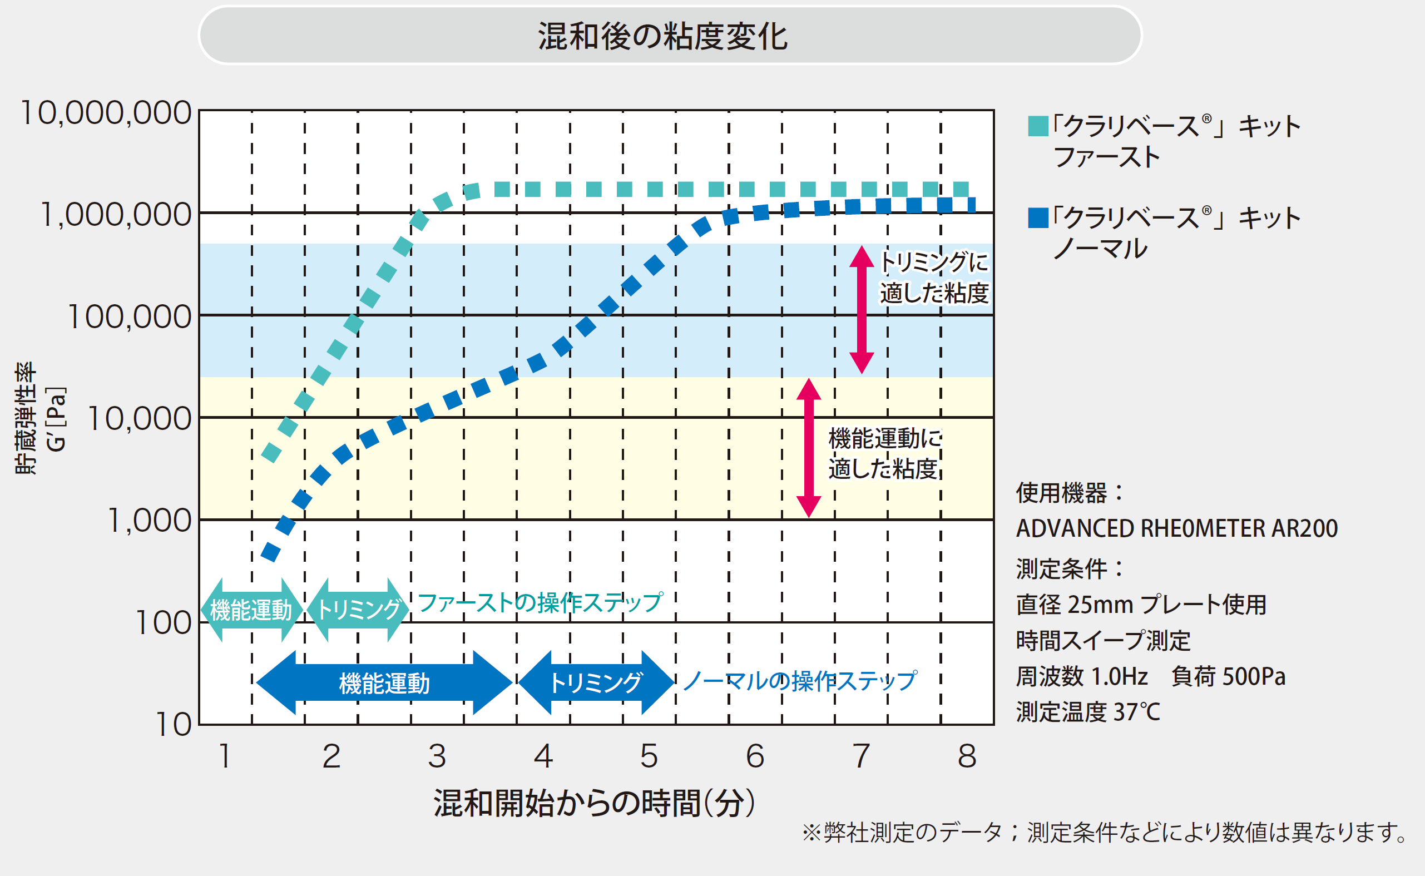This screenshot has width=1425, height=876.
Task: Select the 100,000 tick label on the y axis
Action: pyautogui.click(x=129, y=316)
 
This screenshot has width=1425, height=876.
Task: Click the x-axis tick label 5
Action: pyautogui.click(x=649, y=755)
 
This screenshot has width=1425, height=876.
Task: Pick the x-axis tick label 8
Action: pyautogui.click(x=967, y=755)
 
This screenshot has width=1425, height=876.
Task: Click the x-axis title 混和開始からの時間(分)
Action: pyautogui.click(x=594, y=803)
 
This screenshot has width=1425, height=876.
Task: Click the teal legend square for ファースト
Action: pyautogui.click(x=1038, y=126)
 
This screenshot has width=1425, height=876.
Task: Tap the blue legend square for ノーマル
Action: pyautogui.click(x=1038, y=217)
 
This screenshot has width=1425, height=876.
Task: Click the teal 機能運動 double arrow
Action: pyautogui.click(x=251, y=610)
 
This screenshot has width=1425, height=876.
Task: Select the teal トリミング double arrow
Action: pyautogui.click(x=358, y=610)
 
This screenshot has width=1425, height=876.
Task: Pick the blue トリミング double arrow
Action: pyautogui.click(x=596, y=682)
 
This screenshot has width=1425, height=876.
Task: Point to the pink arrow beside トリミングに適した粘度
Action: pyautogui.click(x=862, y=309)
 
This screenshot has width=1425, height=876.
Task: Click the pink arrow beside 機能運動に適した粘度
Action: pyautogui.click(x=809, y=448)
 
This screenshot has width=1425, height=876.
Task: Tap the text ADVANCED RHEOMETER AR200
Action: pyautogui.click(x=1176, y=528)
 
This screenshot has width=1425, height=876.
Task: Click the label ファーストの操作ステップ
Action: pyautogui.click(x=540, y=602)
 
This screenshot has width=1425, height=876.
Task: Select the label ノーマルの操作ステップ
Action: pyautogui.click(x=800, y=681)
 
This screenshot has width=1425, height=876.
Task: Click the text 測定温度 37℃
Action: pyautogui.click(x=1088, y=712)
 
